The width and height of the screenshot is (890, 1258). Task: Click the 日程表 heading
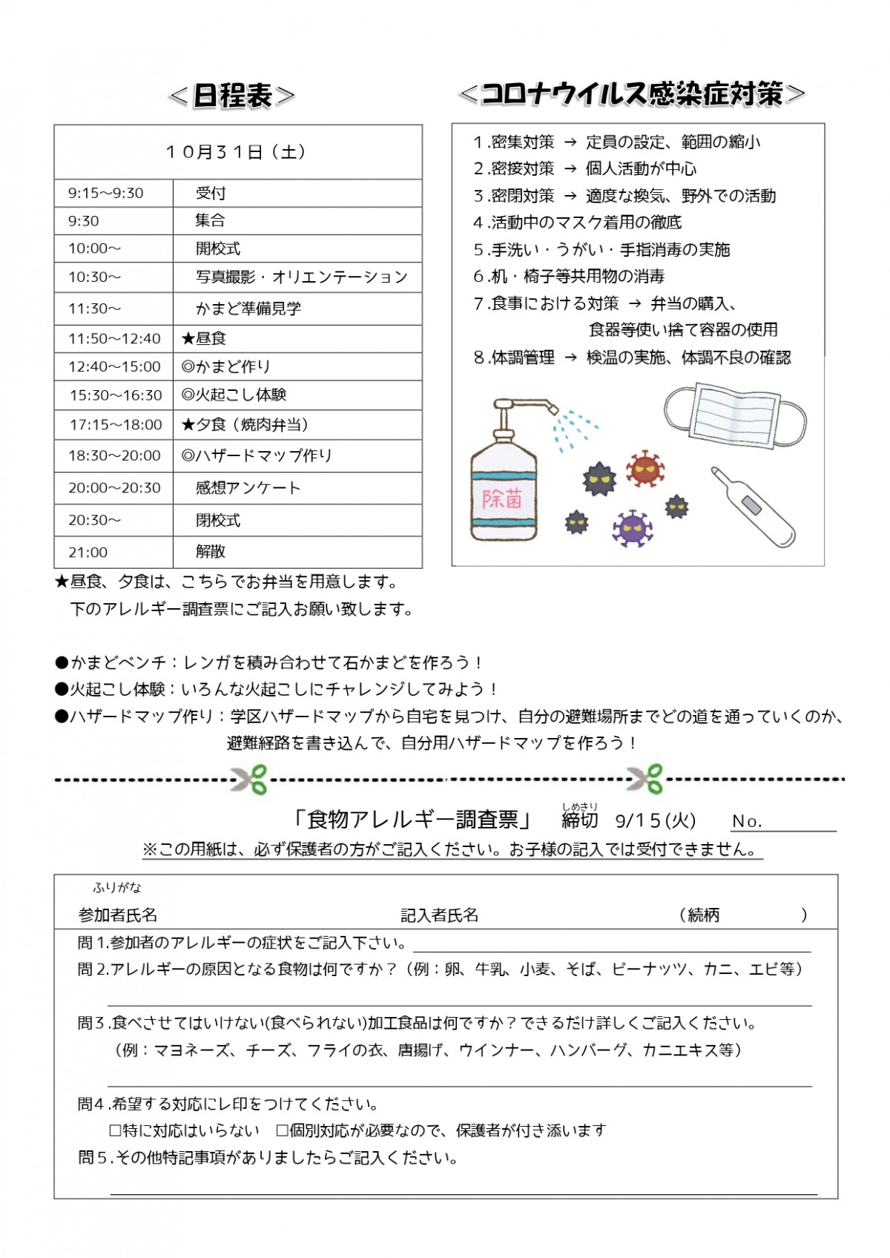click(232, 96)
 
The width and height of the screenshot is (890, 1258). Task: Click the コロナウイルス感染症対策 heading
click(632, 94)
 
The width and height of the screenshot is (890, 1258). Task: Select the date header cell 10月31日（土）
click(237, 152)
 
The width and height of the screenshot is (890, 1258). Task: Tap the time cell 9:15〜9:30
click(106, 194)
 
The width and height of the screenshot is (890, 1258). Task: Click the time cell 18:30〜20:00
click(114, 456)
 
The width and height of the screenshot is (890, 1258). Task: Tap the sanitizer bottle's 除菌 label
click(503, 498)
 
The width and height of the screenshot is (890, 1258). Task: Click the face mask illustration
click(734, 415)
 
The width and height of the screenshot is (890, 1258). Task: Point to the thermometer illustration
click(752, 507)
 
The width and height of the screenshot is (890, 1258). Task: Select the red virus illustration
click(645, 469)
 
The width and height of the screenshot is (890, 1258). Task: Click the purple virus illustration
click(633, 528)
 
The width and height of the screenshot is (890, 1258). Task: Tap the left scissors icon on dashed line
click(250, 779)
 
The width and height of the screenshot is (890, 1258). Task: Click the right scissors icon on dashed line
click(645, 779)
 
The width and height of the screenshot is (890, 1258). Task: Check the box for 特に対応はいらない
click(115, 1131)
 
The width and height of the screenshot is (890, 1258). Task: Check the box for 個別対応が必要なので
click(282, 1131)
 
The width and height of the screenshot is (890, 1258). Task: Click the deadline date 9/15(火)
click(656, 821)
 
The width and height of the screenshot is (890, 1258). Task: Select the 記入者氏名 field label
click(440, 915)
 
